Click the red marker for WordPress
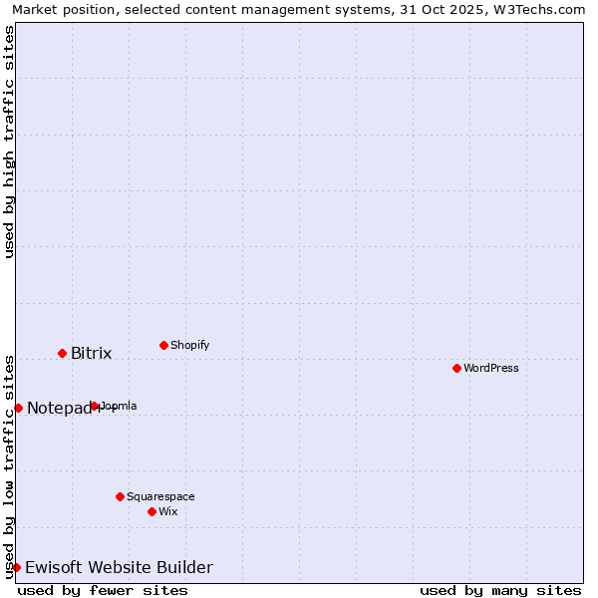[x=456, y=368]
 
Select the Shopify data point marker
[x=163, y=345]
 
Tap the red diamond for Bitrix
[x=62, y=353]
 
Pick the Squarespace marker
[x=120, y=496]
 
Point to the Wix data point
[x=151, y=511]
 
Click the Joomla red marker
[x=95, y=406]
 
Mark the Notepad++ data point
[x=18, y=408]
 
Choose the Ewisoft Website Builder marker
[x=16, y=567]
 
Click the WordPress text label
[x=491, y=368]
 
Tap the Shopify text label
[x=190, y=345]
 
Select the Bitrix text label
[x=92, y=354]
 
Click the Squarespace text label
[x=160, y=496]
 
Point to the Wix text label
[x=168, y=511]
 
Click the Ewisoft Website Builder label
[x=119, y=568]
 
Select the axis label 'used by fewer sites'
[x=103, y=590]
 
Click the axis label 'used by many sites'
[x=500, y=590]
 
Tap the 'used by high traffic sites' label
[x=9, y=142]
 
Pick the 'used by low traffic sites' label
[x=9, y=466]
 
